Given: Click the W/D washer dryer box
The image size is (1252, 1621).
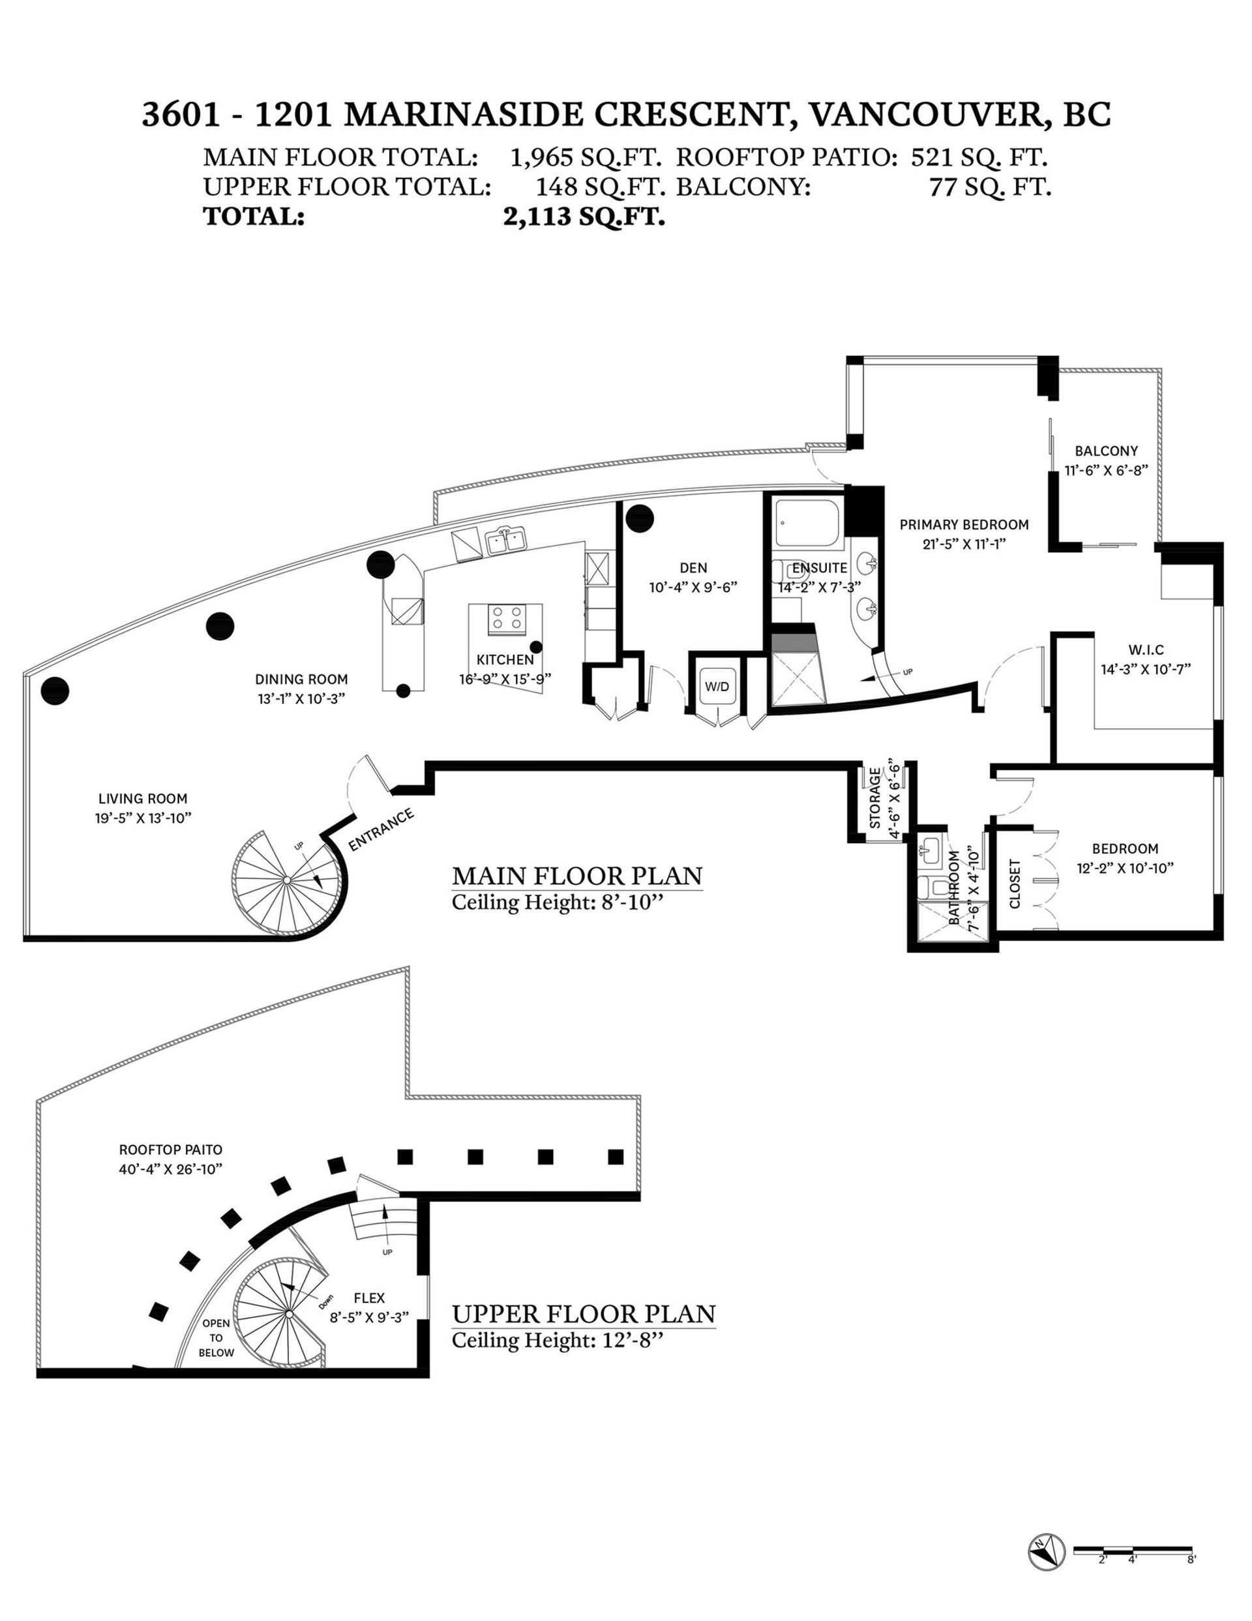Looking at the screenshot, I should coord(716,687).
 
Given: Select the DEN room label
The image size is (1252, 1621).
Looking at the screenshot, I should coord(693,568).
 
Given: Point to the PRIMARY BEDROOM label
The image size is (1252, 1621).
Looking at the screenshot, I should coord(963,525).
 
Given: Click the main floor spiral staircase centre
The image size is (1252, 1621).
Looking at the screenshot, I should coord(287,880).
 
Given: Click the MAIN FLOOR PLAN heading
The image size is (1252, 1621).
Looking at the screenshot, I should coord(576,876).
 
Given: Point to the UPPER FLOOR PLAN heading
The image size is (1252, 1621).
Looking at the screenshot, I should coord(584,1315).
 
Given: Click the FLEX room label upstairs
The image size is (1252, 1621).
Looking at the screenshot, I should coord(369,1298).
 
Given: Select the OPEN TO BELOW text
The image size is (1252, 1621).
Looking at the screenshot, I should coord(216,1337).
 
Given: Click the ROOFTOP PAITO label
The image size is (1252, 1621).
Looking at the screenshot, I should coord(171,1150).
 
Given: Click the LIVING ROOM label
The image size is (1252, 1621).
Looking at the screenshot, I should coord(143,799).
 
